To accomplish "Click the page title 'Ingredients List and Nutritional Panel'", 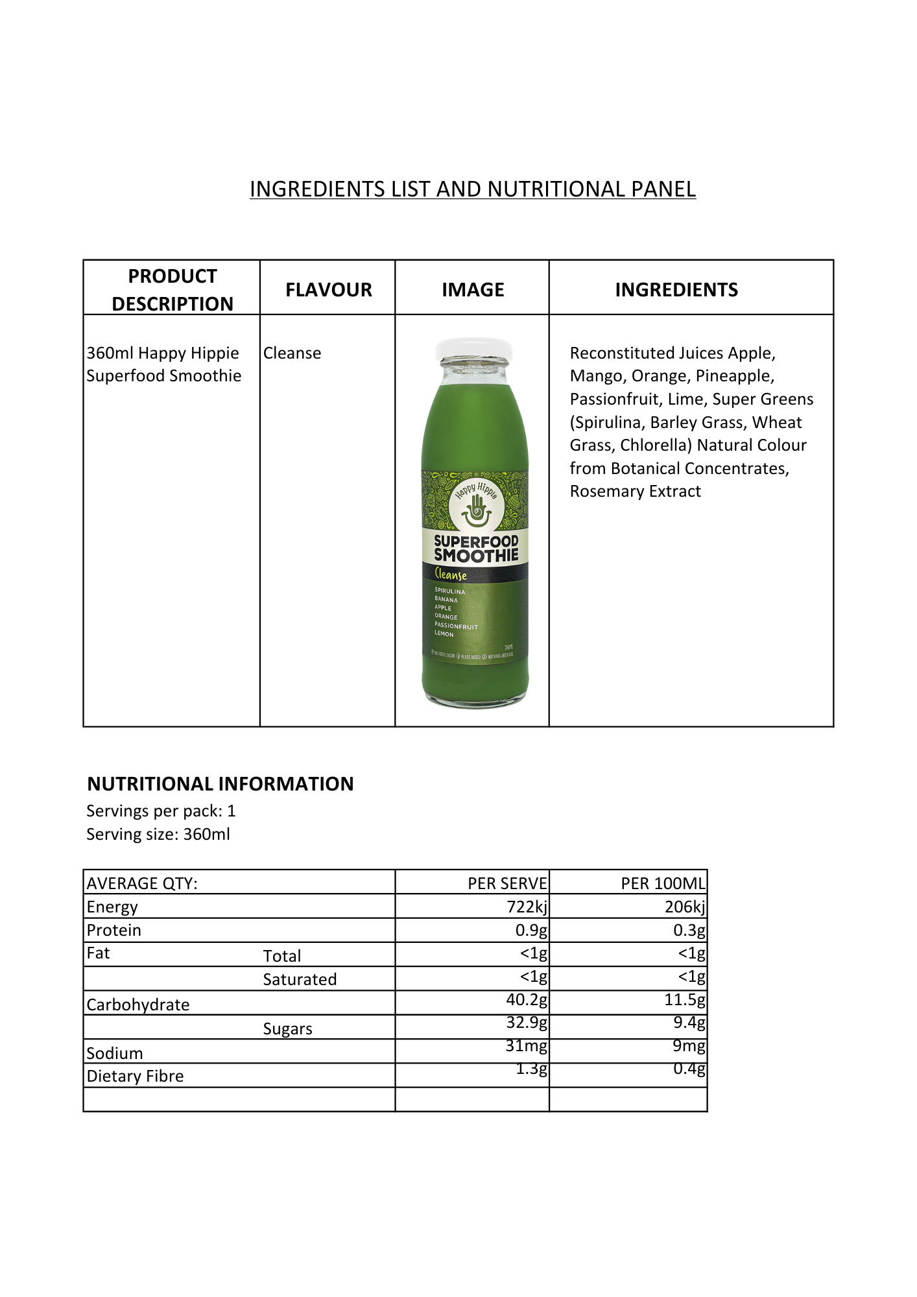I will pos(472,189).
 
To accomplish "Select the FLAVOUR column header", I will pos(328,290).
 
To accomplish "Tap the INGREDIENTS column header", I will pos(676,290).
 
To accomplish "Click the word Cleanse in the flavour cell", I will pos(292,353).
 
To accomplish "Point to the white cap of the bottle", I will pos(474,349).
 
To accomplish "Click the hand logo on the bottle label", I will pos(476,510).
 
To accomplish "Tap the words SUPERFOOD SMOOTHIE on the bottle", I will pos(476,549).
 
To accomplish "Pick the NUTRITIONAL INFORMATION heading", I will pos(220,784).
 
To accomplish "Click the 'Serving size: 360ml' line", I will pos(158,835).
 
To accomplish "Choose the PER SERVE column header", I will pos(507,884).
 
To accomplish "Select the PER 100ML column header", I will pos(662,884).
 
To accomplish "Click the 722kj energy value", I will pos(527,907).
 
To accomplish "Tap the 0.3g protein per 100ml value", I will pos(689,931).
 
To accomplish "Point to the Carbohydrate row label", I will pos(138,1005).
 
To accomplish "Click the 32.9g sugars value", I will pos(527,1023).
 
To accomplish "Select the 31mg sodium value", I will pos(526,1046).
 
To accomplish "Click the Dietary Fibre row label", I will pos(135,1077).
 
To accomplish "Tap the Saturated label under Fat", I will pos(300,980).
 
